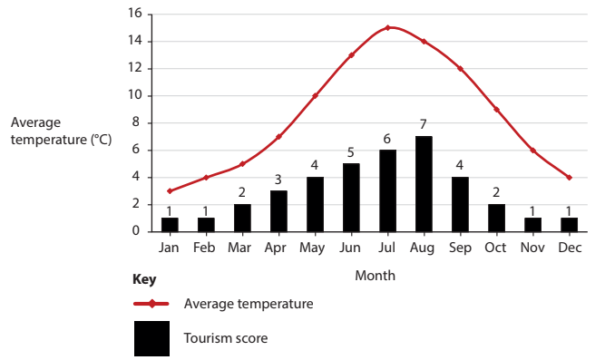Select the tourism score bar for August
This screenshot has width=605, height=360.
424,184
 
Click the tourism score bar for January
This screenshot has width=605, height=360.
170,224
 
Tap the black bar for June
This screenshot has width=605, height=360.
351,198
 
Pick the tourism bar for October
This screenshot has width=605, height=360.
496,218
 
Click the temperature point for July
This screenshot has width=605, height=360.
387,27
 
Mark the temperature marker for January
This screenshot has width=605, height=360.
170,190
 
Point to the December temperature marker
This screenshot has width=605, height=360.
569,177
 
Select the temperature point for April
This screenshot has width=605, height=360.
278,136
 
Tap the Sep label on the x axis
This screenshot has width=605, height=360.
460,247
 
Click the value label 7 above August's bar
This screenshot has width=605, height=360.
424,124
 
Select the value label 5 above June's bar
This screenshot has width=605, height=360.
351,151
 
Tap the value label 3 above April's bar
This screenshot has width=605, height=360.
278,179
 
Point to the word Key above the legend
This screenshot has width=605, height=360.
144,279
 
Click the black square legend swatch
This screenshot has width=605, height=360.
151,338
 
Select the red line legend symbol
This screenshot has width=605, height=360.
151,304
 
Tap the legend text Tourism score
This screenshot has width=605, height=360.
225,338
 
